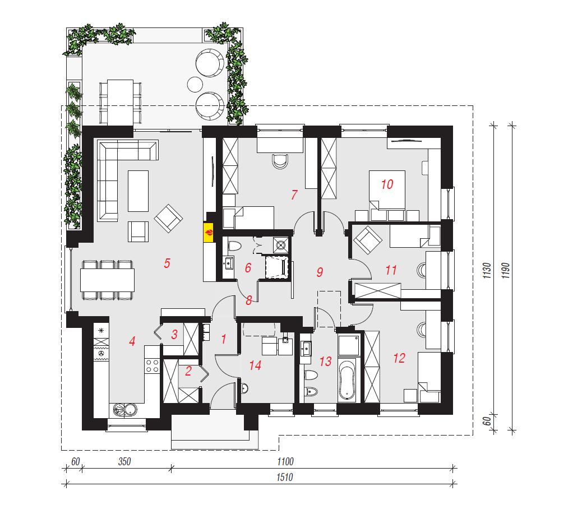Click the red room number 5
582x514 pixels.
tap(167, 263)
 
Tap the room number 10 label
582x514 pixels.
tap(387, 184)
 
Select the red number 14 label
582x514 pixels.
tap(255, 365)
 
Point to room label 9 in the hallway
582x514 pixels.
tap(320, 272)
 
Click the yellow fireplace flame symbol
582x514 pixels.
tap(209, 233)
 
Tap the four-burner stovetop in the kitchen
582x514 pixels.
tap(152, 365)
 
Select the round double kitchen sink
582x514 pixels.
tap(126, 410)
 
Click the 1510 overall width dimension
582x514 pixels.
tap(285, 477)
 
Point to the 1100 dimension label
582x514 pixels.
tap(285, 461)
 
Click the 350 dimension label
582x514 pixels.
tap(124, 461)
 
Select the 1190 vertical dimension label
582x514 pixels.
tap(506, 271)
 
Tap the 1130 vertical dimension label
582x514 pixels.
tap(487, 271)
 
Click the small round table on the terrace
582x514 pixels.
tap(195, 84)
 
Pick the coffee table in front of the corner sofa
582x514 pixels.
tap(138, 191)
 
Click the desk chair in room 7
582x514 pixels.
tap(280, 161)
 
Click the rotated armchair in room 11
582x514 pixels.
tap(367, 240)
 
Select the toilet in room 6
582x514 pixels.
tap(234, 246)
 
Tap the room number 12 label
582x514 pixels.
tap(399, 358)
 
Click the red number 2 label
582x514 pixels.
tap(188, 371)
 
